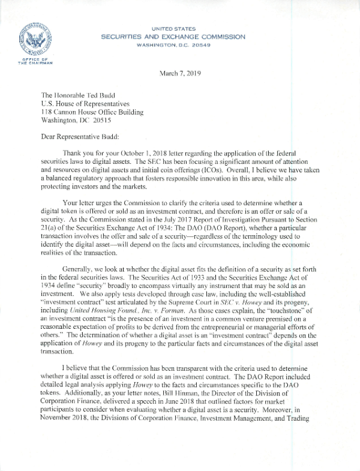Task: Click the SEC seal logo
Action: point(31,37)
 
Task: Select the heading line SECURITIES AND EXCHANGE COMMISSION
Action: point(173,37)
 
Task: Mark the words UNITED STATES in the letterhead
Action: point(173,28)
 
